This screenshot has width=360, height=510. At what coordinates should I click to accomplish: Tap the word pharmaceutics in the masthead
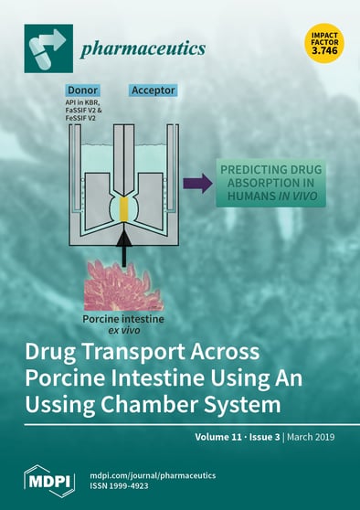[142, 48]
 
